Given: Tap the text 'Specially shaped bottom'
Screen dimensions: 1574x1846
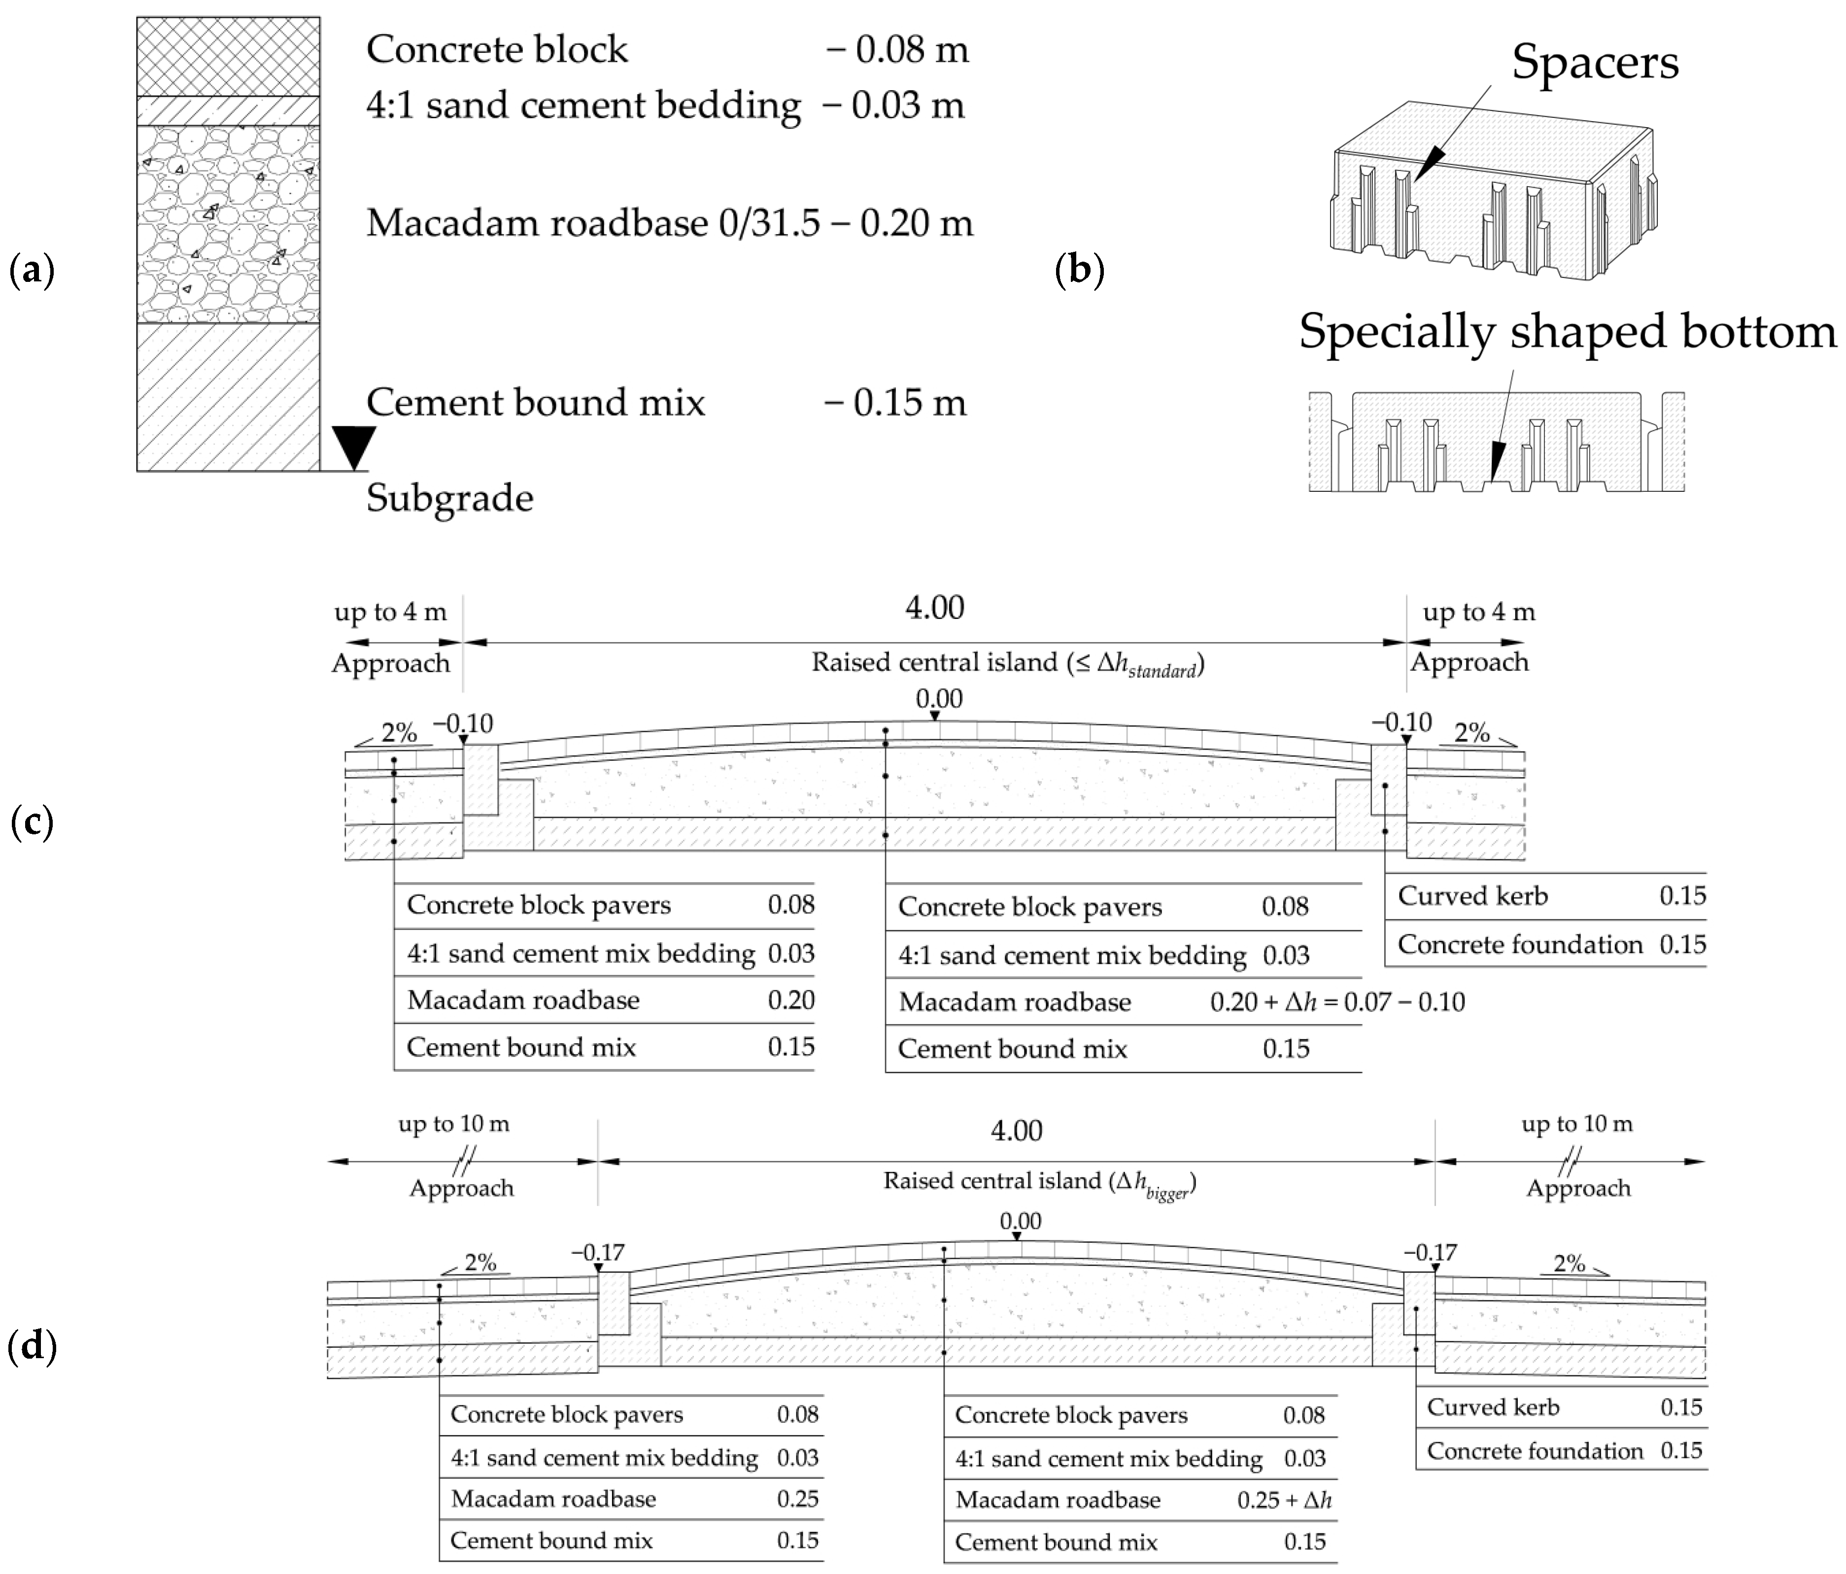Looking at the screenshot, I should point(1566,331).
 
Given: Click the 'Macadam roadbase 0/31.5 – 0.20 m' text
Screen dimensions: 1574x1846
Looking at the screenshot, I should point(669,223).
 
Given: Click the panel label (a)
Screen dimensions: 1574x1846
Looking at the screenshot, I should point(31,269).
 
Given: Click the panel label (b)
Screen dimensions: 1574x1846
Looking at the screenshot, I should point(1079,269).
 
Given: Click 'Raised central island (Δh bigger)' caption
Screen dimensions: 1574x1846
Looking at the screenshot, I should point(1039,1182).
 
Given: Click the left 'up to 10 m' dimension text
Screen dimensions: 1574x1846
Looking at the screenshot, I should point(453,1124).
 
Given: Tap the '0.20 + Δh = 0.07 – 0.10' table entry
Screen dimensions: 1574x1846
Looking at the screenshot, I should point(1336,1002).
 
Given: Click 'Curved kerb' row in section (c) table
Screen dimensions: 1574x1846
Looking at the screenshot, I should point(1472,896).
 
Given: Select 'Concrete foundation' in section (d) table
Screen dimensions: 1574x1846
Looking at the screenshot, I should point(1534,1451).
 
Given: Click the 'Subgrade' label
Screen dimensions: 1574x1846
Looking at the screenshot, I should point(449,498).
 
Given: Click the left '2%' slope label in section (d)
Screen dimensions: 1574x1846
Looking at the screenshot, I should point(479,1262).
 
